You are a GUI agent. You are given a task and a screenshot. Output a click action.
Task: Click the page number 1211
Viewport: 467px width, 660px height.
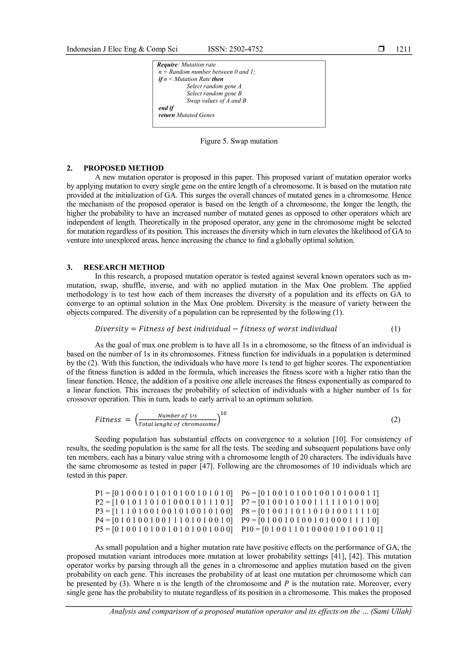(x=403, y=49)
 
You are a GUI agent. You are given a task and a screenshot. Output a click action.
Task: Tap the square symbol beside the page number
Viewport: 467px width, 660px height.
(x=381, y=49)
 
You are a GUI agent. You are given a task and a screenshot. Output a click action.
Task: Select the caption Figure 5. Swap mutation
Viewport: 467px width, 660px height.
(x=239, y=141)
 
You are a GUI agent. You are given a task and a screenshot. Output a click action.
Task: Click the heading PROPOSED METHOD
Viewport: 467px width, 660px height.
(x=123, y=168)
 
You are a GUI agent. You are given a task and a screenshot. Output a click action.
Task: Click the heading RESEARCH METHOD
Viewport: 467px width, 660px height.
(x=124, y=267)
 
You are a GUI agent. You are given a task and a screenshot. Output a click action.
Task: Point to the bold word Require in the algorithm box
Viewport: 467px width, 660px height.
(x=167, y=65)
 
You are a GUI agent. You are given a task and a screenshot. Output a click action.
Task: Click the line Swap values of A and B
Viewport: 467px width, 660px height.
(x=216, y=101)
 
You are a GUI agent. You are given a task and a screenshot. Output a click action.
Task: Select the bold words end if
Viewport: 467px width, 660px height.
(x=166, y=108)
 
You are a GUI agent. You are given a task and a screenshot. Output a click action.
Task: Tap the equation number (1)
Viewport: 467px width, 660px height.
(x=395, y=329)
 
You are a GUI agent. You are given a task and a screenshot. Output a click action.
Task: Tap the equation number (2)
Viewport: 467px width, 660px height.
(x=395, y=420)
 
